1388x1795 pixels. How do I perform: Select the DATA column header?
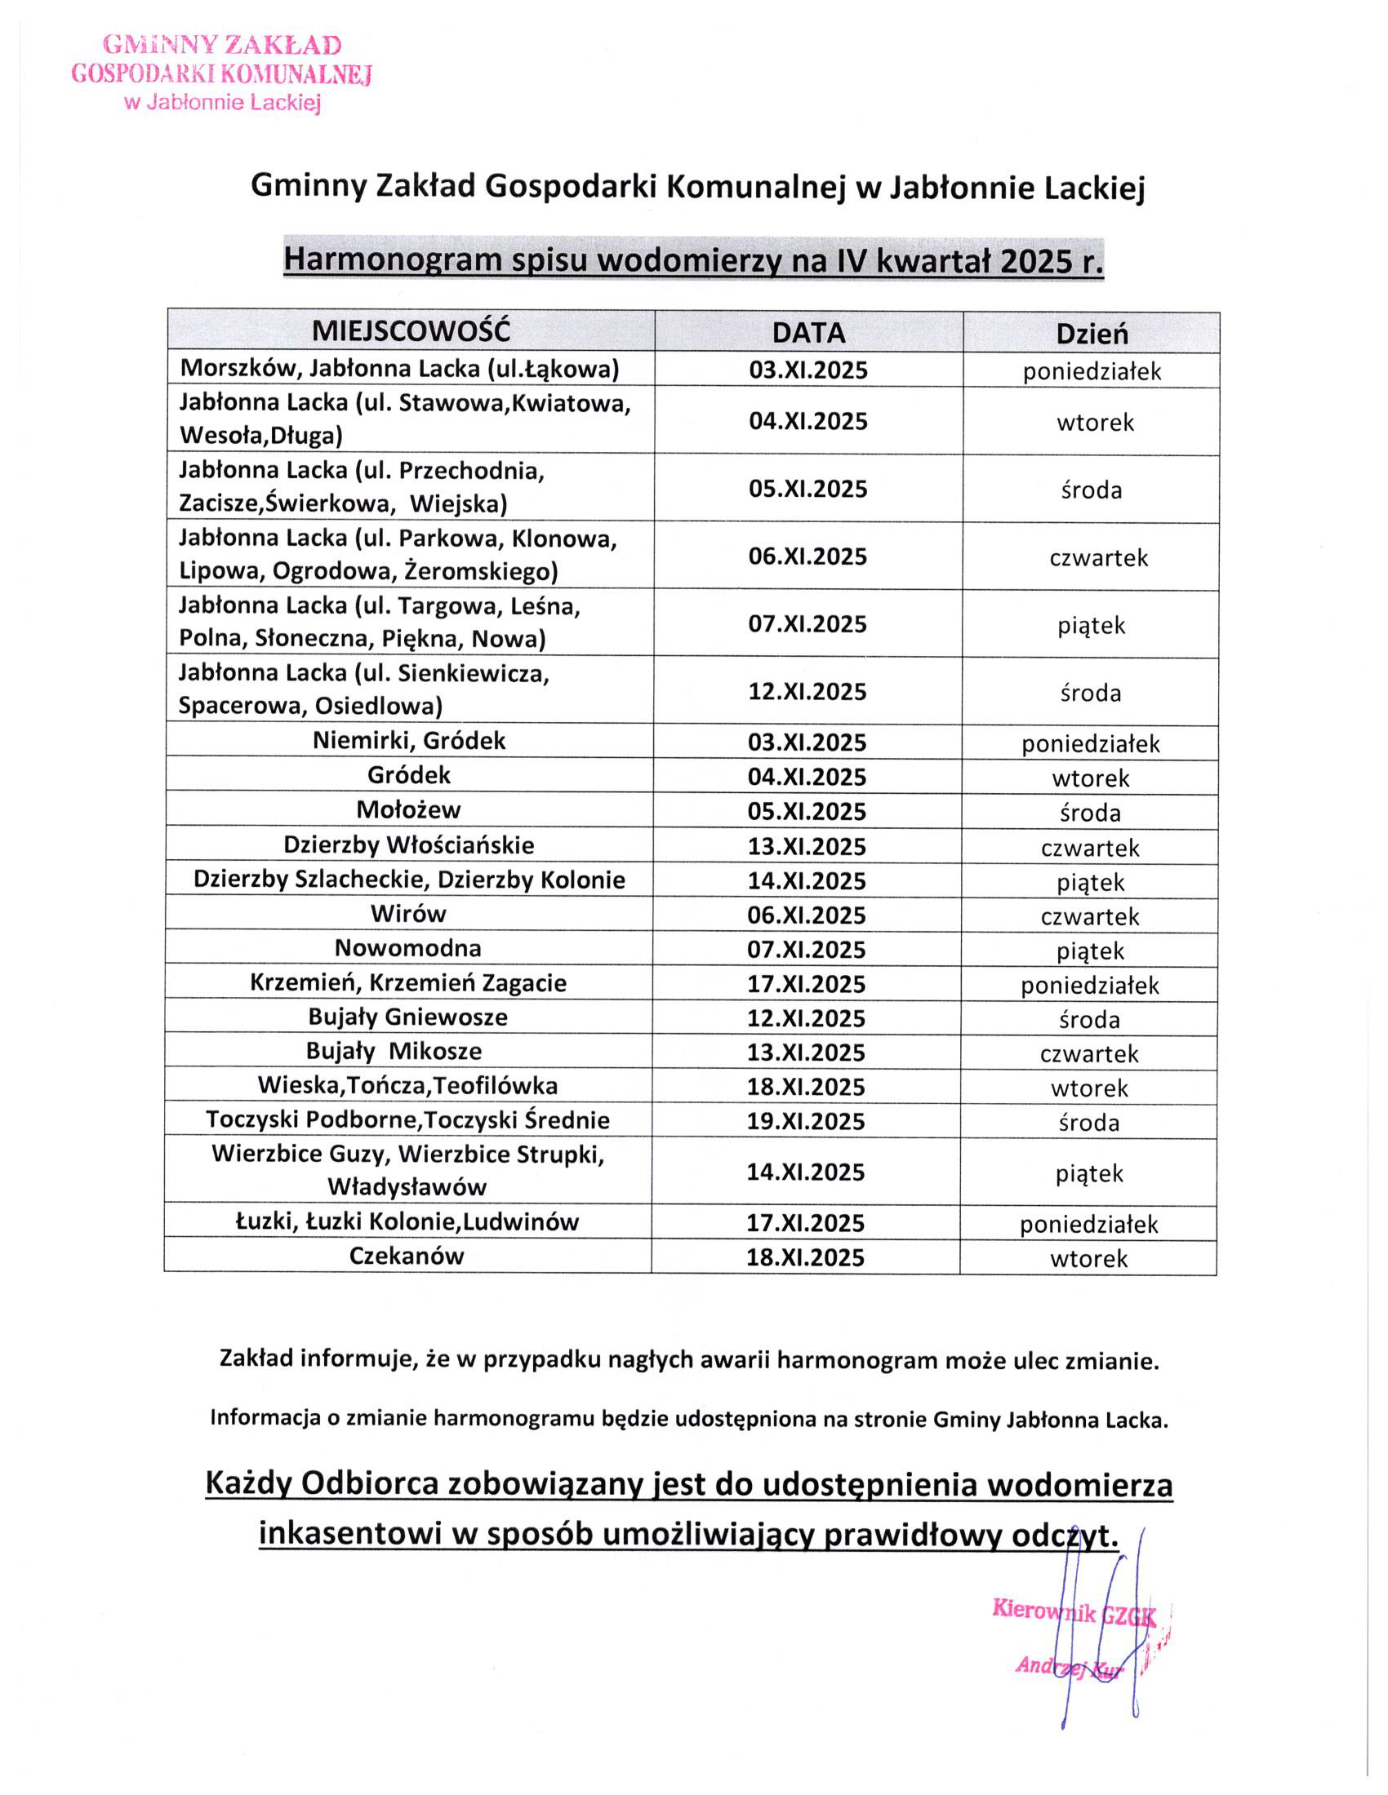[x=808, y=332]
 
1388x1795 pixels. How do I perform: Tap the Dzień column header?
[x=1091, y=334]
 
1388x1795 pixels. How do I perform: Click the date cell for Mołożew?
[x=807, y=811]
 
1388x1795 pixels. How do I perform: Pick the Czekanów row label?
[x=407, y=1256]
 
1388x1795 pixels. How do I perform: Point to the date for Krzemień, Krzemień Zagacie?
[x=807, y=984]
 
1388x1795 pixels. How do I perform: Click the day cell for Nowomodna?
[x=1090, y=951]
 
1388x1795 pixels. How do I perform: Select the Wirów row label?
[x=408, y=914]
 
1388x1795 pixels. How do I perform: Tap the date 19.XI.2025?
[x=806, y=1121]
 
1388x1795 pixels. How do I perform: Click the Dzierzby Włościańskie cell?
[x=409, y=845]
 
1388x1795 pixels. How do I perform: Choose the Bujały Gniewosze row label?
[x=408, y=1017]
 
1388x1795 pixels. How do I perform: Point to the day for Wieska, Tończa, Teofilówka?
[x=1089, y=1088]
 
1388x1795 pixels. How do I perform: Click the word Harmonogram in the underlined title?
[x=392, y=260]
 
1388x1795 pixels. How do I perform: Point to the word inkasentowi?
[x=349, y=1534]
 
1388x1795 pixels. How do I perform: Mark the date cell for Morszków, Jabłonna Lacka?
[x=807, y=370]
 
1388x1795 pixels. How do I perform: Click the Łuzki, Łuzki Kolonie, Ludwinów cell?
[x=407, y=1222]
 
